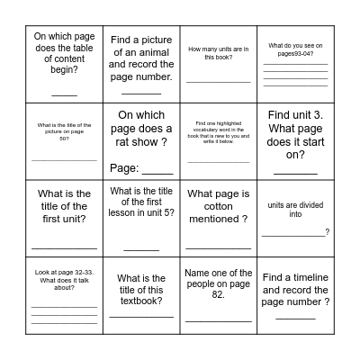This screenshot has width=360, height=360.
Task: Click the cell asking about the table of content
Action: pos(64,63)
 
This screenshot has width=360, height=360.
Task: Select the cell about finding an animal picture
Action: pos(141,63)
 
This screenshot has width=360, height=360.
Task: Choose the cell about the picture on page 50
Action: pos(64,130)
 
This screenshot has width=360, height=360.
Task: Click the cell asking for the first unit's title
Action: pos(64,206)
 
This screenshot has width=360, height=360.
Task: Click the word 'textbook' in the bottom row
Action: pos(141,301)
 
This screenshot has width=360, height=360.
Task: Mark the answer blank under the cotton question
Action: pos(218,246)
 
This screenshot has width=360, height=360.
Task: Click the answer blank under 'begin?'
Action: pos(64,93)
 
